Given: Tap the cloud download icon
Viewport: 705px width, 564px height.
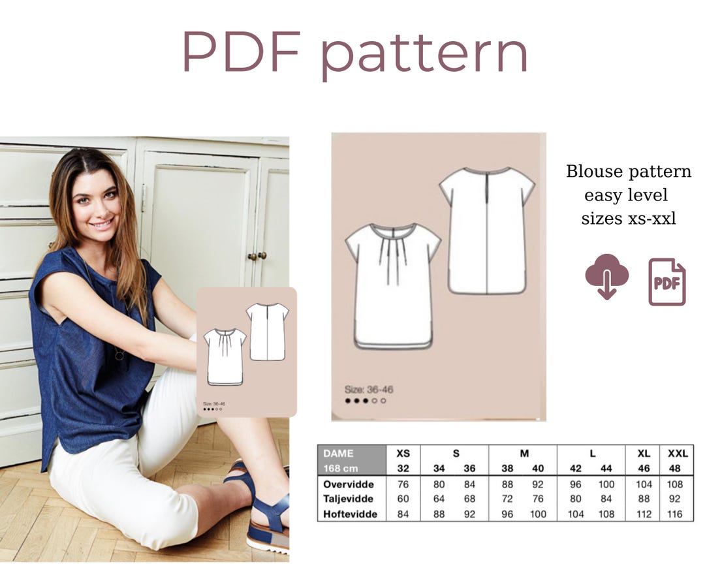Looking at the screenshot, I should point(606,275).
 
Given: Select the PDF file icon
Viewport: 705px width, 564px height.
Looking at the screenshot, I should point(666,282).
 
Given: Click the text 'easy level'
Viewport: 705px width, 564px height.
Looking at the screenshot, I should point(626,195).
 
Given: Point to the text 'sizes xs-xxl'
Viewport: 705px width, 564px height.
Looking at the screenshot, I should point(628,219).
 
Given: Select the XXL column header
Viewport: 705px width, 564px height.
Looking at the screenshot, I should point(677,453).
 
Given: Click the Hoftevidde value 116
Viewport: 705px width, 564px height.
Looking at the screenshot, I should point(675,514).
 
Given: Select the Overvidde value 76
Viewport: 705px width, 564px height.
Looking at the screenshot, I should point(403,484).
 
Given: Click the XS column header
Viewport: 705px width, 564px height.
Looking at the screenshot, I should point(403,453).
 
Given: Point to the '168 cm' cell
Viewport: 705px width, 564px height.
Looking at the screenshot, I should point(341,468).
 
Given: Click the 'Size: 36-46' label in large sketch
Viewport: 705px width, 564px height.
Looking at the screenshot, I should point(369,390).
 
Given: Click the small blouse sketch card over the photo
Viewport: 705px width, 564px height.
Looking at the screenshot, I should point(247,352).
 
